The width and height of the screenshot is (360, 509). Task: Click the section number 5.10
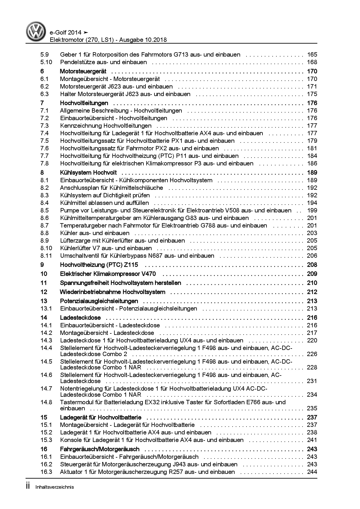pyautogui.click(x=46, y=62)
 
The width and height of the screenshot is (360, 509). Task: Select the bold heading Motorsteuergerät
pyautogui.click(x=83, y=71)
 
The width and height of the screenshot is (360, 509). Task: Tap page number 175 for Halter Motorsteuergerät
pyautogui.click(x=312, y=94)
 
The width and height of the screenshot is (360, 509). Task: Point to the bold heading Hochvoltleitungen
pyautogui.click(x=84, y=103)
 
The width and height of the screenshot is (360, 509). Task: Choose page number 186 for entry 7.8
pyautogui.click(x=312, y=163)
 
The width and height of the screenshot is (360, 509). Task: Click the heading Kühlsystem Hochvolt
pyautogui.click(x=88, y=173)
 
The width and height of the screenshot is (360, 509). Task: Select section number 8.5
pyautogui.click(x=45, y=210)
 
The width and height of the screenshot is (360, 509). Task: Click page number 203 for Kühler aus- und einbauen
pyautogui.click(x=312, y=233)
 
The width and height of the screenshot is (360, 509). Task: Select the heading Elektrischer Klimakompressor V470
pyautogui.click(x=108, y=274)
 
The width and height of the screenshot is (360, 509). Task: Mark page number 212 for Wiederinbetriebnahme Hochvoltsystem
pyautogui.click(x=312, y=292)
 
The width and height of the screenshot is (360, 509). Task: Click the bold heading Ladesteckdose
pyautogui.click(x=80, y=318)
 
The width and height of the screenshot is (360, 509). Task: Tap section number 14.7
pyautogui.click(x=46, y=389)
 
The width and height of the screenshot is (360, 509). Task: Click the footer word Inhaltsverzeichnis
pyautogui.click(x=54, y=487)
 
